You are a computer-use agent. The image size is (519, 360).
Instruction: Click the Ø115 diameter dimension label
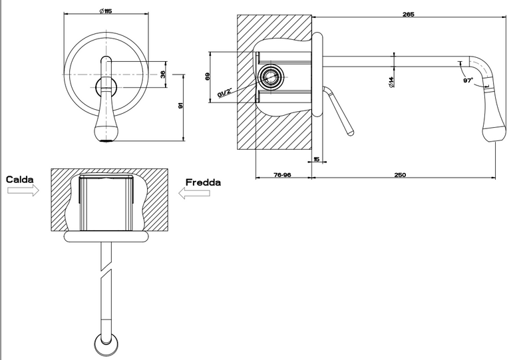(106, 11)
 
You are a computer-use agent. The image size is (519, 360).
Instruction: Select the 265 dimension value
(409, 14)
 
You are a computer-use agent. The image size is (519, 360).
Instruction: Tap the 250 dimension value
(400, 175)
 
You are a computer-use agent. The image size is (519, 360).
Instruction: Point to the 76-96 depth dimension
(282, 175)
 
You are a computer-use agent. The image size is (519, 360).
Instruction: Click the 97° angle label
(468, 81)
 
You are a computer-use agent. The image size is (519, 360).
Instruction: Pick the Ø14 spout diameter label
(391, 82)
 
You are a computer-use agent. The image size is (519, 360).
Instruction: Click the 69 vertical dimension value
(208, 77)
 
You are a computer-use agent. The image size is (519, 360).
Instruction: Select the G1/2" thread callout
(225, 92)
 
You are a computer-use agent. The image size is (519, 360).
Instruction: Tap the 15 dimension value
(317, 160)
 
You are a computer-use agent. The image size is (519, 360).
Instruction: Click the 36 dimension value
(163, 75)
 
